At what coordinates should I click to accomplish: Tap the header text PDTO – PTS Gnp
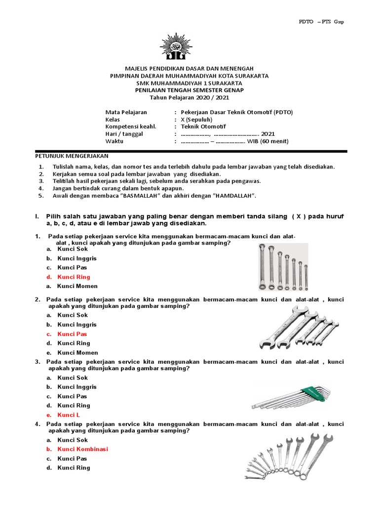click(x=321, y=22)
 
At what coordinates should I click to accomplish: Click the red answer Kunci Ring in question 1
click(x=74, y=277)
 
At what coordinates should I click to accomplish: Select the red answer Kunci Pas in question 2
click(x=72, y=334)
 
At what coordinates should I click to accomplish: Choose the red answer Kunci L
click(x=69, y=415)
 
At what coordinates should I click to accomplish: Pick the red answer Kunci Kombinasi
click(x=82, y=449)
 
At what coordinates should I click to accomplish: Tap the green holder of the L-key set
click(x=316, y=392)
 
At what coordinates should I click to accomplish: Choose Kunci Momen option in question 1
click(x=77, y=286)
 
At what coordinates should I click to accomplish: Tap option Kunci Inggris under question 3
click(x=77, y=387)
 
